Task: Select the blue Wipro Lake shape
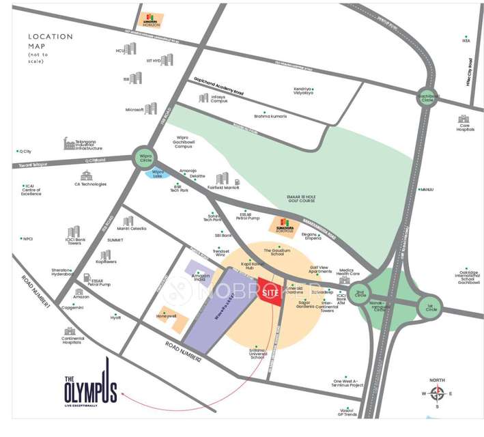click(158, 173)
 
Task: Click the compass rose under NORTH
click(438, 393)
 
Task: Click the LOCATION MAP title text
click(50, 41)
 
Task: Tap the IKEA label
click(466, 40)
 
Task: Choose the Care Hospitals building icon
click(466, 119)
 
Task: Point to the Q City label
click(27, 151)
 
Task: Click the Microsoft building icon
click(151, 109)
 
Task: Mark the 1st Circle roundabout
click(430, 307)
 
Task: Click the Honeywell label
click(166, 316)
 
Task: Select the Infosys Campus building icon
click(203, 98)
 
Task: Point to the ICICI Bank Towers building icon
click(73, 232)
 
